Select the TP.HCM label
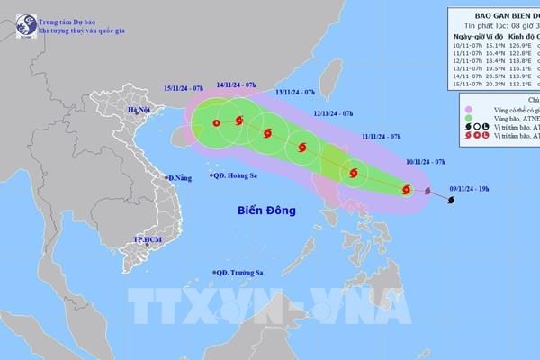148,241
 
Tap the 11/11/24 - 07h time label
382,136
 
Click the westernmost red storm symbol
217,124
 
